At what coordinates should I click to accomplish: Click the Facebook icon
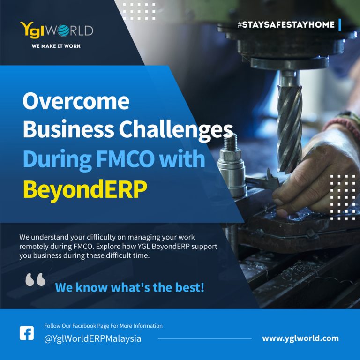tap(27, 333)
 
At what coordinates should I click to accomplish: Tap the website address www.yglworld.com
tap(300, 338)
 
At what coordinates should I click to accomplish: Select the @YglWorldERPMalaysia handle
tap(92, 339)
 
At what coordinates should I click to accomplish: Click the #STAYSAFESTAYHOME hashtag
tap(286, 24)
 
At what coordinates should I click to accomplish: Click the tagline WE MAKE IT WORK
tap(56, 46)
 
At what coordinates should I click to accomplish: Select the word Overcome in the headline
tap(76, 101)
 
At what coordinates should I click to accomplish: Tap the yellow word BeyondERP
tap(85, 189)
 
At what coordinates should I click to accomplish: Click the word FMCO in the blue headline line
tap(125, 158)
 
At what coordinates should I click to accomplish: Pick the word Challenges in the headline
tap(176, 129)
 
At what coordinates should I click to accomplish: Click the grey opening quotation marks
tap(35, 279)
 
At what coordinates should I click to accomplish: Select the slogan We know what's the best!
tap(130, 287)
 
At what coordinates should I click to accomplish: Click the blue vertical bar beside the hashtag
tap(340, 25)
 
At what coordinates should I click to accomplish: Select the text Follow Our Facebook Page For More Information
tap(103, 326)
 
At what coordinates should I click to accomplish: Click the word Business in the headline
tap(68, 129)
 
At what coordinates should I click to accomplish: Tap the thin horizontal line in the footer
tap(205, 338)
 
